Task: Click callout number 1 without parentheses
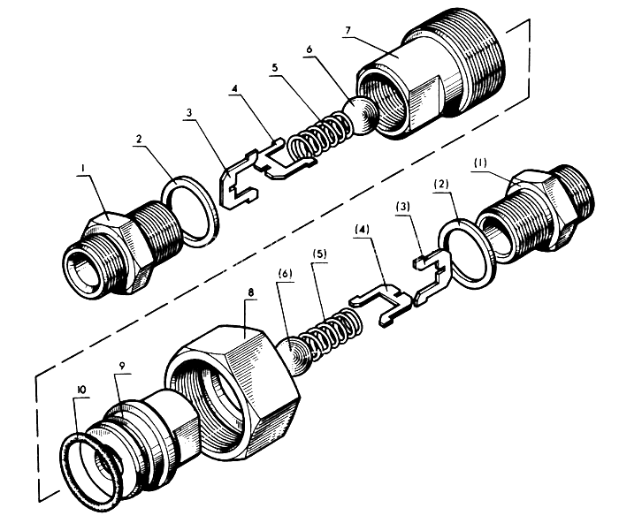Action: (83, 169)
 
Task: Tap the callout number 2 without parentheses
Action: (139, 139)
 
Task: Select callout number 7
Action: (348, 30)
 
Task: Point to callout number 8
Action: (251, 292)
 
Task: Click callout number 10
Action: (82, 390)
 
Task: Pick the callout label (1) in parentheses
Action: (480, 163)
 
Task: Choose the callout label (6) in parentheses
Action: (285, 273)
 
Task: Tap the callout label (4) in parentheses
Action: (362, 230)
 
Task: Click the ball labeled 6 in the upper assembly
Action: (361, 117)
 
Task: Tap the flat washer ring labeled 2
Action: (191, 211)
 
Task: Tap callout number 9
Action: (123, 366)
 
